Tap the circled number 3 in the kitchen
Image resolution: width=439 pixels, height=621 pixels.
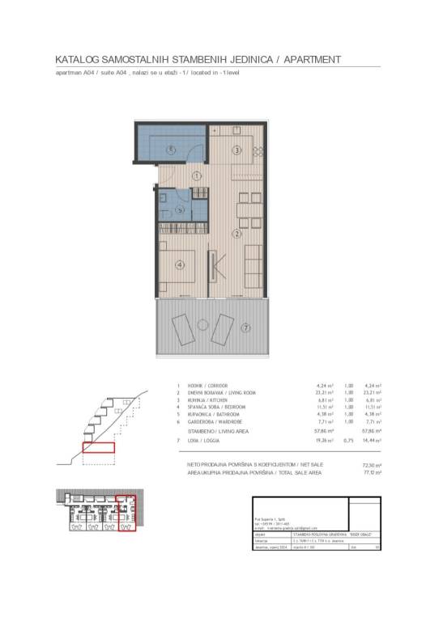(x=237, y=150)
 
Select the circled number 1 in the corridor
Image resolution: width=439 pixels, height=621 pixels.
(x=196, y=175)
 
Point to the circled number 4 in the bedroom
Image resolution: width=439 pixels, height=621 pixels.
(x=181, y=264)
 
